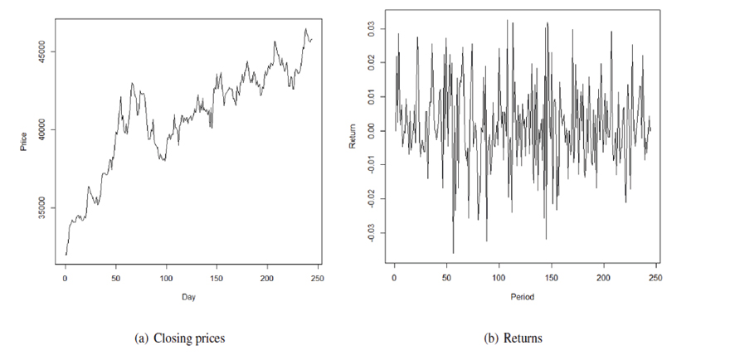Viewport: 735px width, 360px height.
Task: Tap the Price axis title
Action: coord(24,143)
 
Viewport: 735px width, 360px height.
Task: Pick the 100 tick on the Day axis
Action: coord(166,278)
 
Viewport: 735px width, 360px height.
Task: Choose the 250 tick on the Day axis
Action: coord(317,278)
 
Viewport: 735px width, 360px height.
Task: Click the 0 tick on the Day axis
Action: coord(66,278)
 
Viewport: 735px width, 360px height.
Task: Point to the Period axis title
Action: coord(523,297)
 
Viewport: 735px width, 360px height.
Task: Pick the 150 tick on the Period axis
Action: coord(551,278)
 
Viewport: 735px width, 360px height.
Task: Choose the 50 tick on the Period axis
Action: coord(446,278)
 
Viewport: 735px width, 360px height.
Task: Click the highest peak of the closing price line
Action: coord(304,29)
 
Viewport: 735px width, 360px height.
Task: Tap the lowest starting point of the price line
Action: coord(66,255)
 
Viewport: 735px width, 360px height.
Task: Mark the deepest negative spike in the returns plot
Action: coord(453,253)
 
